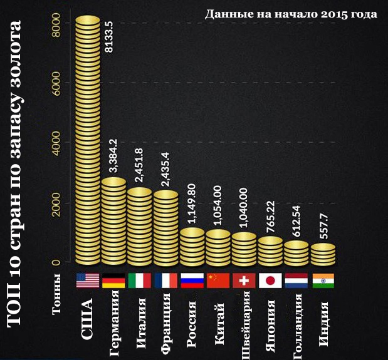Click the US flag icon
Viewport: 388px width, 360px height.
click(x=88, y=280)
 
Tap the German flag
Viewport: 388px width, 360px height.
click(x=114, y=280)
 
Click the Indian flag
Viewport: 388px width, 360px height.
click(x=323, y=280)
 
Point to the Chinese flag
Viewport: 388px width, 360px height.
click(x=218, y=280)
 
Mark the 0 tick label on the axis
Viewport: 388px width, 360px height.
click(x=57, y=262)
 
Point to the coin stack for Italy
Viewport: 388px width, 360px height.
click(x=139, y=225)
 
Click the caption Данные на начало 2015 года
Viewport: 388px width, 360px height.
click(x=291, y=13)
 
